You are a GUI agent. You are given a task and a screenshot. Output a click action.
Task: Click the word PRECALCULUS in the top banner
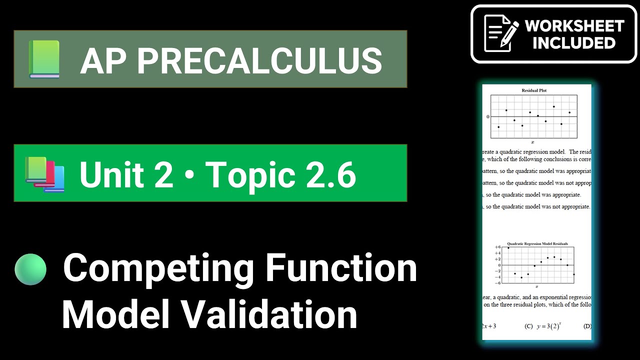point(260,61)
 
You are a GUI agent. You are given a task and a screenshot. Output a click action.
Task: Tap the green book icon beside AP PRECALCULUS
point(44,59)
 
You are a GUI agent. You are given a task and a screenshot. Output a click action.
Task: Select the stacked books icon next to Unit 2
point(44,174)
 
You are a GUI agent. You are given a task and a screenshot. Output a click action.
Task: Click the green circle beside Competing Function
point(30,269)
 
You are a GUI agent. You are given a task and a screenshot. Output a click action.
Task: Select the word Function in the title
point(341,268)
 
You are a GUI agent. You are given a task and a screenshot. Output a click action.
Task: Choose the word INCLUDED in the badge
point(574,43)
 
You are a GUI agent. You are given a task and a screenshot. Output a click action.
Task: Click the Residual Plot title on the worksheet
point(534,91)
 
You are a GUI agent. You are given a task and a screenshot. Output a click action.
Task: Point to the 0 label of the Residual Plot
point(488,117)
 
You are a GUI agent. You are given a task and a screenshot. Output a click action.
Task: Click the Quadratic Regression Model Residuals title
point(537,244)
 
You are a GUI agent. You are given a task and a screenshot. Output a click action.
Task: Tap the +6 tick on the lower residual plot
point(497,247)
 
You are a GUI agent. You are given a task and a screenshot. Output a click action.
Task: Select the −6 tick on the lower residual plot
point(497,282)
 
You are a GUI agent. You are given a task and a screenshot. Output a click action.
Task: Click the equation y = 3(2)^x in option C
point(547,326)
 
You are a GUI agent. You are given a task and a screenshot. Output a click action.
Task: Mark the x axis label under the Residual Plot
point(533,142)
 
